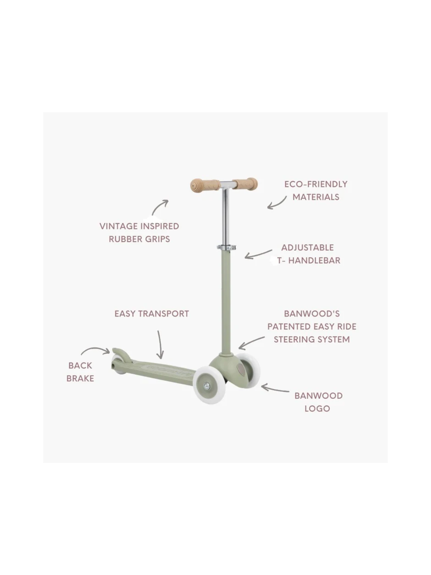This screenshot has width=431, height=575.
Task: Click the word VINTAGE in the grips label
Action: tap(118, 226)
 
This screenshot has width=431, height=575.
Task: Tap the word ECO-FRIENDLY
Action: tap(316, 184)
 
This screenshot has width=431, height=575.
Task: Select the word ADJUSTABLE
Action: tap(308, 247)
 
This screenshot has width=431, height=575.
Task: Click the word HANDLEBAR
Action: tap(314, 260)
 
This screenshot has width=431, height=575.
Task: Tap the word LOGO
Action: tap(317, 409)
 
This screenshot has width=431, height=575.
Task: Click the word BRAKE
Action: tap(80, 378)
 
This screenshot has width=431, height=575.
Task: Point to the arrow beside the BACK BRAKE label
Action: tap(95, 350)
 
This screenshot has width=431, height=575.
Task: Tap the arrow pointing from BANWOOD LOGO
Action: tap(275, 389)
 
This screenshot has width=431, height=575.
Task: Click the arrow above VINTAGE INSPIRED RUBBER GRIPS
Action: tap(160, 207)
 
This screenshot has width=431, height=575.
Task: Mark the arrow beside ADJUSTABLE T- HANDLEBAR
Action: tap(258, 254)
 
